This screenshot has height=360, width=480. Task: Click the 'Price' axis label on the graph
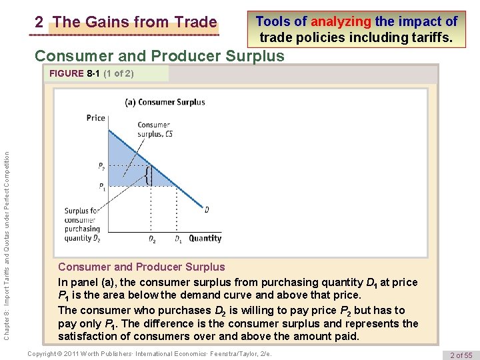pyautogui.click(x=96, y=118)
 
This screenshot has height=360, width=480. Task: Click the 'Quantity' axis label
pyautogui.click(x=205, y=238)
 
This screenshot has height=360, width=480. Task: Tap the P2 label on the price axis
pyautogui.click(x=101, y=167)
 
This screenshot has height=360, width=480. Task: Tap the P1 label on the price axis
pyautogui.click(x=101, y=186)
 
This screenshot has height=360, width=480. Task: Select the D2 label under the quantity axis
pyautogui.click(x=152, y=239)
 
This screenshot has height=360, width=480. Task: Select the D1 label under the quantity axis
pyautogui.click(x=179, y=239)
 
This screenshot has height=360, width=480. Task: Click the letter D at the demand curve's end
pyautogui.click(x=207, y=209)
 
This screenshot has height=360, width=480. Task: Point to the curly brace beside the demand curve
pyautogui.click(x=148, y=177)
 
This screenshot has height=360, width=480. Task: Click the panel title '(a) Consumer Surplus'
pyautogui.click(x=165, y=102)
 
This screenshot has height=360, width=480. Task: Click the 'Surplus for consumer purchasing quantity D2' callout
pyautogui.click(x=82, y=224)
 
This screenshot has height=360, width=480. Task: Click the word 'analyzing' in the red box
pyautogui.click(x=341, y=21)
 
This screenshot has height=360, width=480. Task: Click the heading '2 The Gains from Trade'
pyautogui.click(x=126, y=23)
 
